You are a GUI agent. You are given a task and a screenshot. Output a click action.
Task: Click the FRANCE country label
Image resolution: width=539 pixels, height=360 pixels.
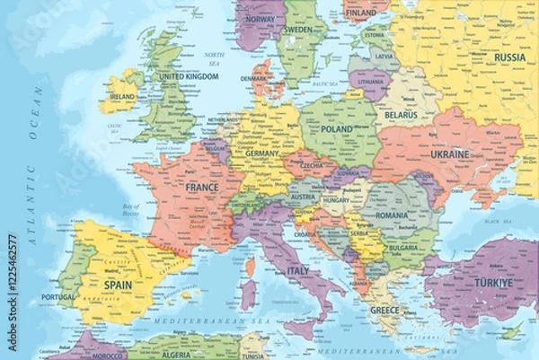[x=202, y=188]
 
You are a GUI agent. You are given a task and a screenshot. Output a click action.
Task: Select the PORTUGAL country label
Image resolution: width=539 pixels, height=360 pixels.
[x=58, y=297]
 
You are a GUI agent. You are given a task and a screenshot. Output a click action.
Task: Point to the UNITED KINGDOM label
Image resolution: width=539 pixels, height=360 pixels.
[x=190, y=77]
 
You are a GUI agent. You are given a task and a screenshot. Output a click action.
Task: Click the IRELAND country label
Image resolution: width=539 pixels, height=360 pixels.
[x=121, y=96]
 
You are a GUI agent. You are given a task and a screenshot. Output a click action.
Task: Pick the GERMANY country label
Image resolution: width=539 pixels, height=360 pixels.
[x=263, y=154]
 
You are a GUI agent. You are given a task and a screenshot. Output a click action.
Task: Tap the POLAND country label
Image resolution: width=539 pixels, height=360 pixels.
[x=337, y=129]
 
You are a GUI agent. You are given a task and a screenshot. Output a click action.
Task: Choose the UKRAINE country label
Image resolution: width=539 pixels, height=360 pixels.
[x=450, y=154]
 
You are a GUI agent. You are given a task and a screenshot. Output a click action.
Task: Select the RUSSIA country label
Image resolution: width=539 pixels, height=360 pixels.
[x=510, y=57]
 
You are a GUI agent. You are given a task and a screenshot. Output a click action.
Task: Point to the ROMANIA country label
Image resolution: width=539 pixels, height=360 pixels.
[x=393, y=215]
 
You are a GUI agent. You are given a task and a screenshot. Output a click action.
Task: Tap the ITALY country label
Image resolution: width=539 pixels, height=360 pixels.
[x=297, y=270]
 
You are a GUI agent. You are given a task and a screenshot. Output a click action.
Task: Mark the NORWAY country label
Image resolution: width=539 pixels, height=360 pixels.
[x=260, y=19]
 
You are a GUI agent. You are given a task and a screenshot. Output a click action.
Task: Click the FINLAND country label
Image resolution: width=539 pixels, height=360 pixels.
[x=360, y=13]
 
